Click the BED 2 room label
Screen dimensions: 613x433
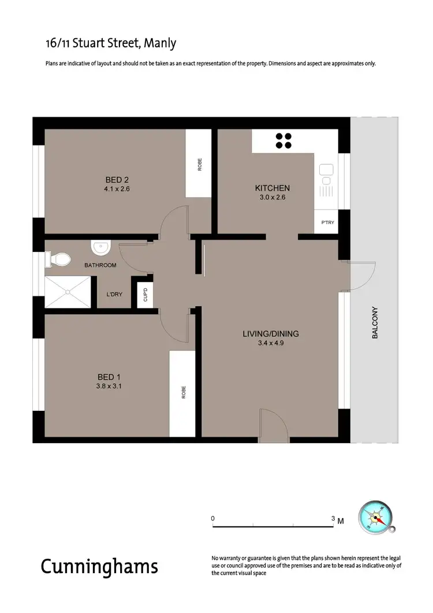click(x=113, y=180)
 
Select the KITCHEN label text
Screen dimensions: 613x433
click(x=272, y=188)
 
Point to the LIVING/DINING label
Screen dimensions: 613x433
click(x=270, y=333)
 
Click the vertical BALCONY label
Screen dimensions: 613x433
click(x=375, y=322)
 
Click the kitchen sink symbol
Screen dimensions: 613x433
click(x=326, y=170)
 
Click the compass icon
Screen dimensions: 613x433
click(x=376, y=516)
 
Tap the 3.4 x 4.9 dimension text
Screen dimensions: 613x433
click(x=270, y=343)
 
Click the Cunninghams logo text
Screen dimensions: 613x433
click(x=99, y=566)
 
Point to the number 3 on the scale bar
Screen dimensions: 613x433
click(x=333, y=519)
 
